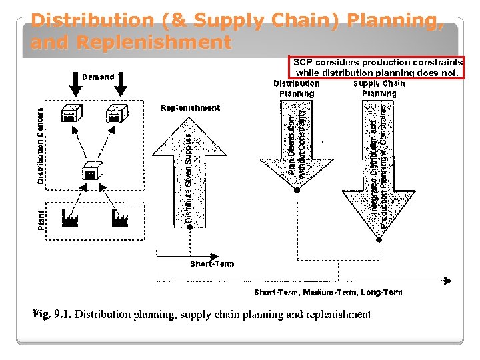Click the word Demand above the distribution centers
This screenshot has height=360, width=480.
[x=98, y=77]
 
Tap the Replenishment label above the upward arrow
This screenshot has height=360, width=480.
[x=190, y=108]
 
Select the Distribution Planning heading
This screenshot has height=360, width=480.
[x=297, y=89]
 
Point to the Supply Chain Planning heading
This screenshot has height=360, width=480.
[x=379, y=89]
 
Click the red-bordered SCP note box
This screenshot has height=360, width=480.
[x=377, y=67]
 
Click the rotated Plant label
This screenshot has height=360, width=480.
[x=41, y=221]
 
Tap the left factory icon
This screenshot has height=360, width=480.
[x=70, y=219]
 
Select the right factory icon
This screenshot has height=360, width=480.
[x=119, y=218]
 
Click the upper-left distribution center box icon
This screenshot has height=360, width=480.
[x=70, y=114]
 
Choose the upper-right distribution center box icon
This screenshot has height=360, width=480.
[x=116, y=114]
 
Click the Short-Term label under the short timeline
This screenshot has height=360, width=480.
[x=212, y=263]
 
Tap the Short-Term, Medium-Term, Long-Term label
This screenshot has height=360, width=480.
[x=328, y=292]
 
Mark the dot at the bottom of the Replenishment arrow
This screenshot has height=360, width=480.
[x=190, y=227]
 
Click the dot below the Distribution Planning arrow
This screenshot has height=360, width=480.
[x=297, y=190]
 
